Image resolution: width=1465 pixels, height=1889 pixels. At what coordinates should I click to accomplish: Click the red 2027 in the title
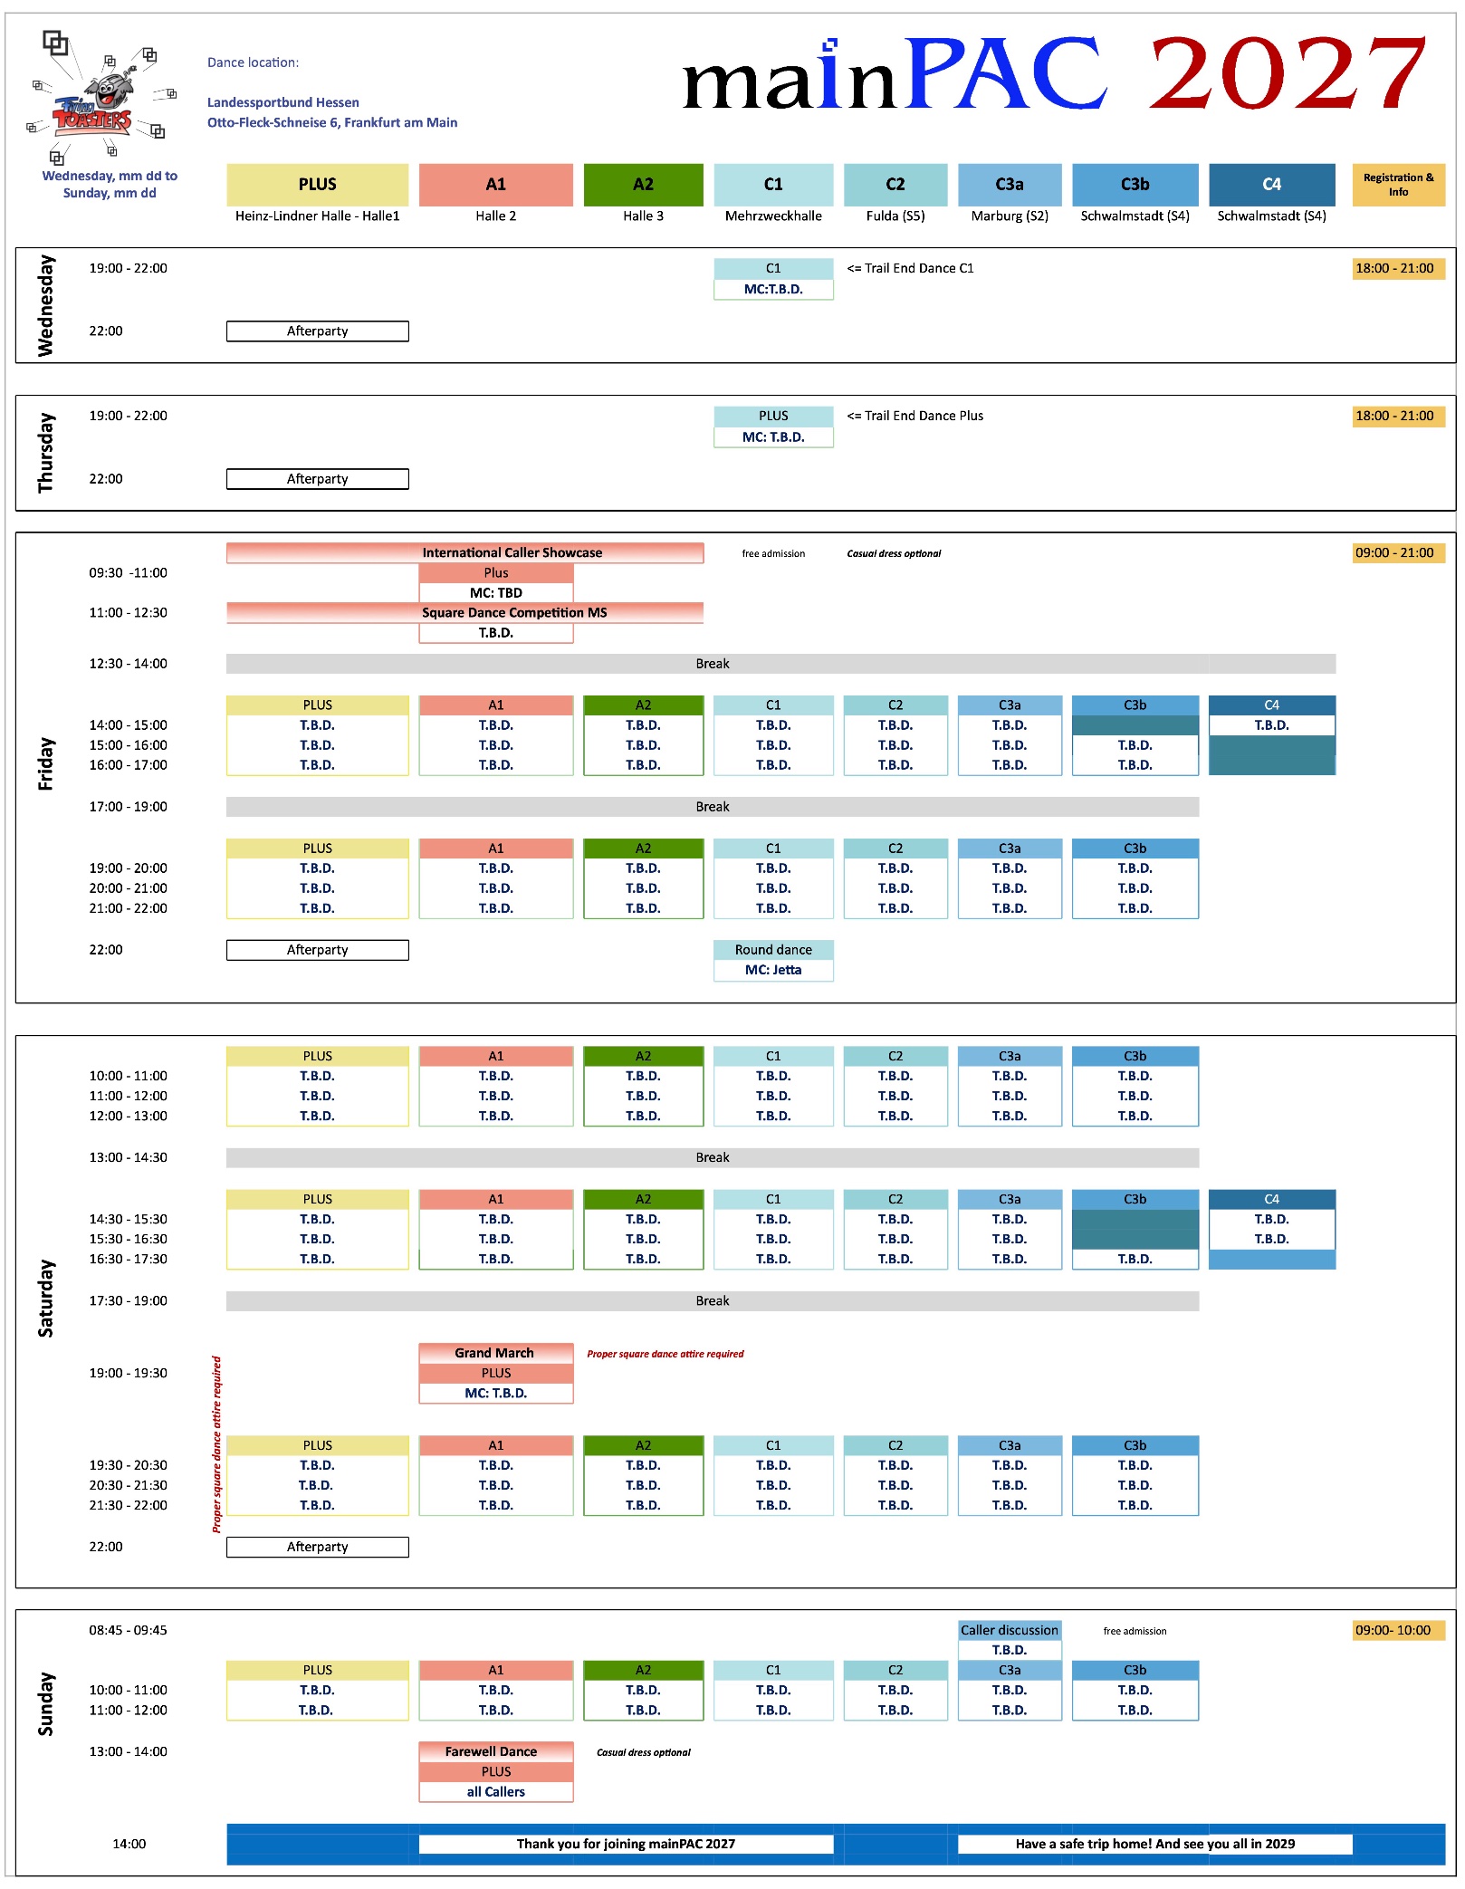tap(1288, 73)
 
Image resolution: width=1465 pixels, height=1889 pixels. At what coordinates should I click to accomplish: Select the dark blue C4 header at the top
tap(1271, 185)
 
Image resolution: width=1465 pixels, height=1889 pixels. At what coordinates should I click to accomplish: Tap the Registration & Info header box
tap(1398, 185)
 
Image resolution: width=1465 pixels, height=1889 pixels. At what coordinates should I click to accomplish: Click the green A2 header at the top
tap(643, 185)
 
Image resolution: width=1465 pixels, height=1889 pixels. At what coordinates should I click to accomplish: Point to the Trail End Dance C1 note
tap(910, 268)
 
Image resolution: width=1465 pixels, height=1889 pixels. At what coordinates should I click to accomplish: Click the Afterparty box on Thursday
tap(318, 479)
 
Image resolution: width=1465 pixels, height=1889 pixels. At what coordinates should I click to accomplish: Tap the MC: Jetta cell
tap(773, 970)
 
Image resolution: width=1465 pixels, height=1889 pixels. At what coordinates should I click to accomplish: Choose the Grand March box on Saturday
tap(496, 1353)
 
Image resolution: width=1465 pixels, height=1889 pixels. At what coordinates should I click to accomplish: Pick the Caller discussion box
tap(1010, 1630)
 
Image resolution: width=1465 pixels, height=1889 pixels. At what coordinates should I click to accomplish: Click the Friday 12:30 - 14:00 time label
tap(128, 664)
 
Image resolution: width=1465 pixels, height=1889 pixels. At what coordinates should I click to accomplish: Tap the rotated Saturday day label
tap(45, 1298)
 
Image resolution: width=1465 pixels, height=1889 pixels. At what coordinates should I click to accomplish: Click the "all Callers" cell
tap(496, 1791)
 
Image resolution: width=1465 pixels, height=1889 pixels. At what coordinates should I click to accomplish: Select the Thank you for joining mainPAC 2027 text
tap(626, 1844)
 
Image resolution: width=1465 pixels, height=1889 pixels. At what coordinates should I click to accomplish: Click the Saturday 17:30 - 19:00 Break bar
tap(713, 1301)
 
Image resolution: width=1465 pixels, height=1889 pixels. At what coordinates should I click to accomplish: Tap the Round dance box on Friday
tap(773, 950)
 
